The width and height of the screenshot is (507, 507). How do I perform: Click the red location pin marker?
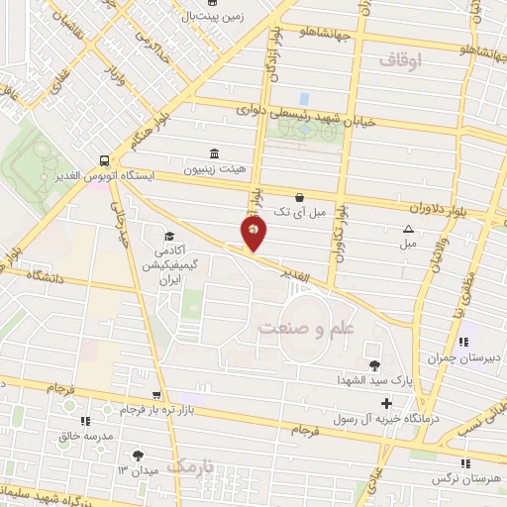pos(253,234)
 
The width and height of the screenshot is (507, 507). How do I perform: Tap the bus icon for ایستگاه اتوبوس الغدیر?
pos(104,159)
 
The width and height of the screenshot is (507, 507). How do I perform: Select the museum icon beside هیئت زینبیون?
pos(214,152)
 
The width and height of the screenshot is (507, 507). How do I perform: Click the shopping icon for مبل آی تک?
pos(299,197)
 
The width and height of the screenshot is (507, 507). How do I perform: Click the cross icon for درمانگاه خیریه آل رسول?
pos(386,403)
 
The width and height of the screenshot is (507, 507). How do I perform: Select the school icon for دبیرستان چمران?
pos(461,342)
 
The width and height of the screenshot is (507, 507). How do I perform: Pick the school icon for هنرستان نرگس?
pos(464,462)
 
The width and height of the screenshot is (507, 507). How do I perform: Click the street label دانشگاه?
pos(44,278)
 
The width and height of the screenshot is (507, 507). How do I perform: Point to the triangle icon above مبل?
pos(409,229)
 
